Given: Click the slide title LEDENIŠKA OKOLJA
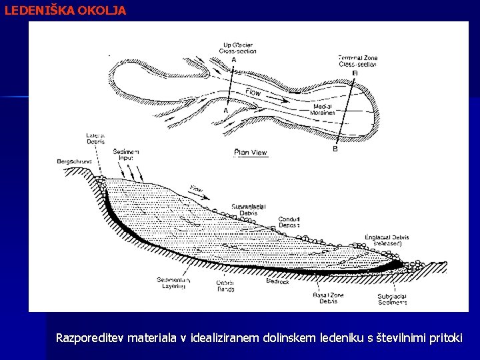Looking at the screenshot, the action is [x=65, y=11].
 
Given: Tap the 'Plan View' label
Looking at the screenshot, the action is [x=251, y=152].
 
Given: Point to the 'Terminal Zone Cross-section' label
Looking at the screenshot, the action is [x=357, y=61].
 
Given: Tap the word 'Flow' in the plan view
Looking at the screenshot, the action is [x=253, y=93].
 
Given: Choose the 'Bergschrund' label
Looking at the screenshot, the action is [x=72, y=161].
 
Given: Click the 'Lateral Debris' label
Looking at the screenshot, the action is [x=96, y=139].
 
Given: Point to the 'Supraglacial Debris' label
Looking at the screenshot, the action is [x=249, y=210].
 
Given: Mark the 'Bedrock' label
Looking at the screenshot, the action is [x=277, y=282].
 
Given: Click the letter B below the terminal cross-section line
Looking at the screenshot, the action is [x=335, y=149].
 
